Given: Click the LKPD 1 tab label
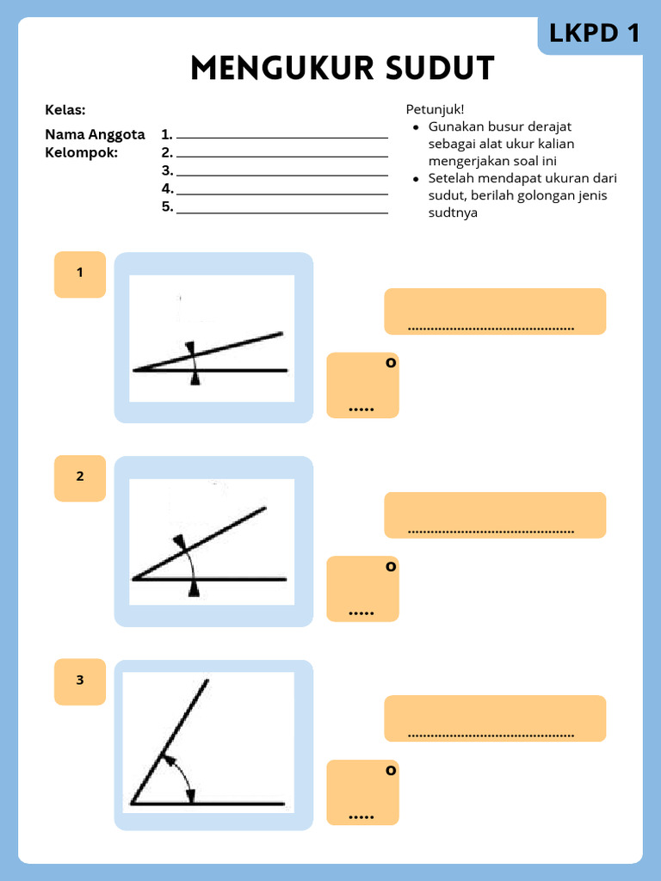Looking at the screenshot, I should [595, 34].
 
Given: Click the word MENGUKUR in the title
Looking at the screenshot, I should [276, 68].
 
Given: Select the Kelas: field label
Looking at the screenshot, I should [65, 110].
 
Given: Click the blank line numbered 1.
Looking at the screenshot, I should [281, 136].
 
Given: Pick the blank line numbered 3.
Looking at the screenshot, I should [281, 173].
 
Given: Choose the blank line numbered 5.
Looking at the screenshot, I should [281, 210].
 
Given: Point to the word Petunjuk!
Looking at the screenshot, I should [435, 109].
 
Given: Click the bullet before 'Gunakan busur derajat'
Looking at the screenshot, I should [416, 127].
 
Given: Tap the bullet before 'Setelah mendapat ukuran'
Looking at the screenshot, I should [416, 179].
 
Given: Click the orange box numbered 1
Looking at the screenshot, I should [80, 274].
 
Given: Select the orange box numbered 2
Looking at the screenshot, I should [80, 477].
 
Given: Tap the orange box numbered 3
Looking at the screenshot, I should [80, 681].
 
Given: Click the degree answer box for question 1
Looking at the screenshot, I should [362, 385].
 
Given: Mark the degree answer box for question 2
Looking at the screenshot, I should [362, 588].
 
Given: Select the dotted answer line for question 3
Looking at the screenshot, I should [491, 736].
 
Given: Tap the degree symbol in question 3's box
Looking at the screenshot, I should [391, 770].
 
